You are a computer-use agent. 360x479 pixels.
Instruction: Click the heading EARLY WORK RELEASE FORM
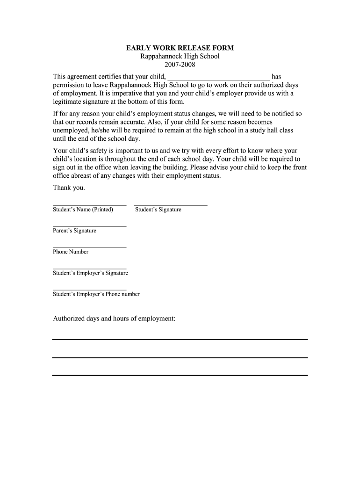click(x=180, y=48)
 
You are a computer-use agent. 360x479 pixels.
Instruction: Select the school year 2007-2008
click(x=180, y=65)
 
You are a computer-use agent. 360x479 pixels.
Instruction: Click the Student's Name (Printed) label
click(x=83, y=210)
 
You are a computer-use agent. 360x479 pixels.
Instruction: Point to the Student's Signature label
click(x=158, y=210)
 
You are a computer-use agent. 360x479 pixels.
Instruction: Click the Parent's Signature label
click(x=74, y=231)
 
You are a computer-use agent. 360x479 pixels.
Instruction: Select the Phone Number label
click(x=71, y=252)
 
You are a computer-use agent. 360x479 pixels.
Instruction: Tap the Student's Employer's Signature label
click(x=90, y=273)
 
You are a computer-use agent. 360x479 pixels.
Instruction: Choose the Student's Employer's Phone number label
click(x=96, y=294)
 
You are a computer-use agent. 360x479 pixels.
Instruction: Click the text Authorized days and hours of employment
click(x=114, y=319)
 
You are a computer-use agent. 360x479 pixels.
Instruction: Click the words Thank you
click(x=69, y=188)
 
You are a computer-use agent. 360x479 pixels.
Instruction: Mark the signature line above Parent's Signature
click(x=89, y=226)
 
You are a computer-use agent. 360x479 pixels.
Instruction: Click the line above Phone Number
click(x=89, y=247)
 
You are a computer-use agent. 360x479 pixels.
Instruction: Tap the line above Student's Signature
click(x=170, y=205)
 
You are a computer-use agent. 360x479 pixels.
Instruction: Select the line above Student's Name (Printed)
click(x=89, y=205)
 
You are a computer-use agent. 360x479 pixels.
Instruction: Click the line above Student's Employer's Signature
click(x=89, y=269)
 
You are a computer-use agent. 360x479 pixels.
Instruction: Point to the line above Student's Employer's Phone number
click(x=89, y=290)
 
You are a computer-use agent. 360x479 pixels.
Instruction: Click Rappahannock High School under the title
click(x=180, y=56)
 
